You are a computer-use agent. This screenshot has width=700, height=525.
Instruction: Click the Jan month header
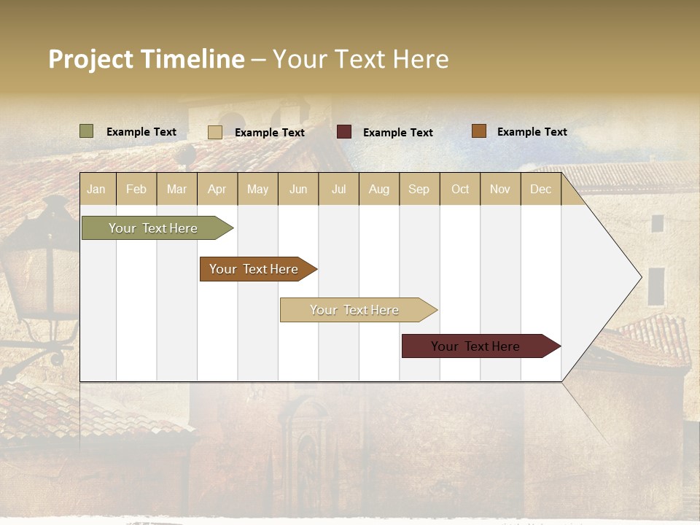96,189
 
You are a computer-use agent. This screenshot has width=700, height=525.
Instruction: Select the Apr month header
217,189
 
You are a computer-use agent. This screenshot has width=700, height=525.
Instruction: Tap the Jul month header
338,189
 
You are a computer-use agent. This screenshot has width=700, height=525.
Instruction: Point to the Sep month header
419,189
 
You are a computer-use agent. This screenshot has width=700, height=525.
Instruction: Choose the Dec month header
540,189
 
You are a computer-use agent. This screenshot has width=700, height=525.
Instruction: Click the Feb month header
136,189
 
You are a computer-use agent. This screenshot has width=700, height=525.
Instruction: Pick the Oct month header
460,189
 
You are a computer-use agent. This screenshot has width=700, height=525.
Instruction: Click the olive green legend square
86,131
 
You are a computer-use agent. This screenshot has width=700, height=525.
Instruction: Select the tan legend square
215,132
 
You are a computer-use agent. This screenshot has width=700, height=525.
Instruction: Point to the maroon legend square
344,131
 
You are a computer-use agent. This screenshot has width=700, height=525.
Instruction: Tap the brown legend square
479,131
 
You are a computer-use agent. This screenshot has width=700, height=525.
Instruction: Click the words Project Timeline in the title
147,59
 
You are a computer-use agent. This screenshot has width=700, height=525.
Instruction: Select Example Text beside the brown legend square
532,132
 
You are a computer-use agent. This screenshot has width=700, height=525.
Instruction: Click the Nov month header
500,189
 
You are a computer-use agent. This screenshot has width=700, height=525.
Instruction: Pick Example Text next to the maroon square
397,133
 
